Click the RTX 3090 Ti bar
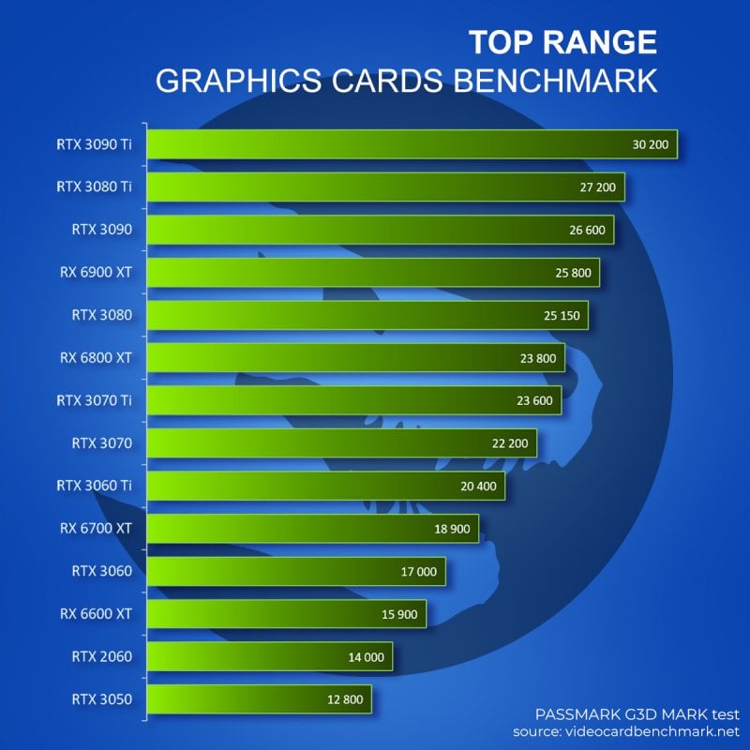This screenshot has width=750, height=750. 412,144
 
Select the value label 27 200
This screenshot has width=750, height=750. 598,187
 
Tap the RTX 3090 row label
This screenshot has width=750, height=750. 102,229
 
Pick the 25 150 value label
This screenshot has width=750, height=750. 562,315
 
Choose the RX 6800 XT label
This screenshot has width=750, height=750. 96,357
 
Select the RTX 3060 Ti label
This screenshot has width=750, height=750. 96,486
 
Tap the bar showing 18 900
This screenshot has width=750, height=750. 313,529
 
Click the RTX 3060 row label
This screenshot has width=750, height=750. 102,571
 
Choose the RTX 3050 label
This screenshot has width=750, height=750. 102,699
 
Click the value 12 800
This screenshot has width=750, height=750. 346,699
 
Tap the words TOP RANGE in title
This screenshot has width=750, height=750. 562,42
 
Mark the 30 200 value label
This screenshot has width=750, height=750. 652,144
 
